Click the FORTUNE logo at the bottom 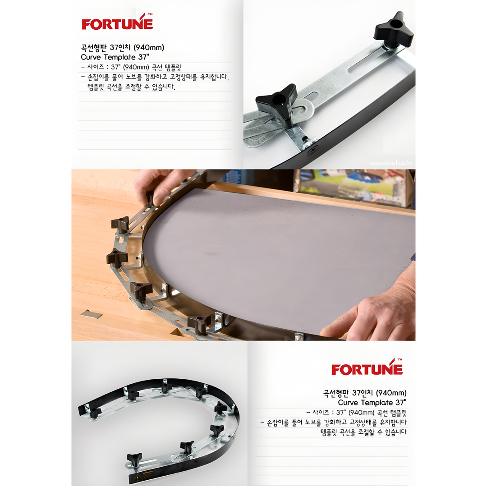pos(367,367)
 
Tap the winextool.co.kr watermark pos(391,163)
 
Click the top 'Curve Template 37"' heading pos(115,57)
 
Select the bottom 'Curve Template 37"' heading pos(372,403)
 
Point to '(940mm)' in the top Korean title pos(149,47)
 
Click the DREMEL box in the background pos(354,188)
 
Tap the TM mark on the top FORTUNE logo pos(150,14)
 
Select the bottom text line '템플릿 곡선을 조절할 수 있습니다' pos(363,432)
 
